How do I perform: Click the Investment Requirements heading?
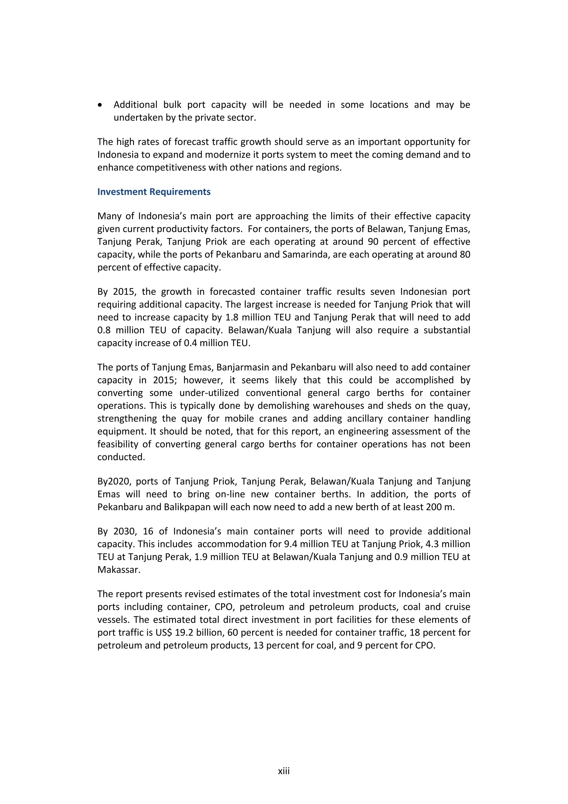[154, 192]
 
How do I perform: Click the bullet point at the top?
[100, 105]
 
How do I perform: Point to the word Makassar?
[119, 570]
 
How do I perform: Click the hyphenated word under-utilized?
[209, 393]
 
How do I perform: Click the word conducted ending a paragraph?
[121, 457]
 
